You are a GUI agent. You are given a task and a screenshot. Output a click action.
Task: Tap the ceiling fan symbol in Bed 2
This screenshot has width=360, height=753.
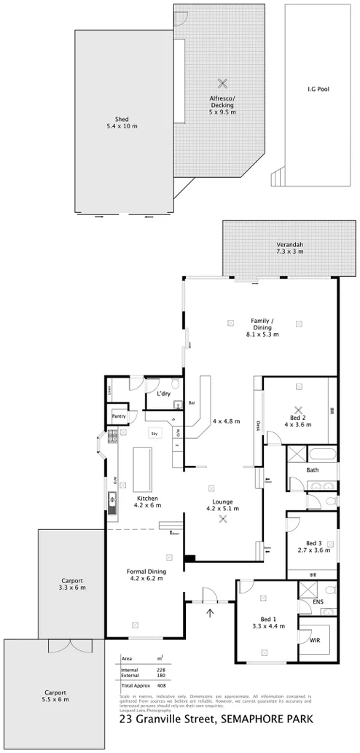pyautogui.click(x=297, y=409)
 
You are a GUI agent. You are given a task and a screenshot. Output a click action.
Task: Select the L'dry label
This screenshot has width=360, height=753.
pyautogui.click(x=164, y=394)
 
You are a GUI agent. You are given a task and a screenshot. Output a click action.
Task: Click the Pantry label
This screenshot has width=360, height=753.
pyautogui.click(x=120, y=416)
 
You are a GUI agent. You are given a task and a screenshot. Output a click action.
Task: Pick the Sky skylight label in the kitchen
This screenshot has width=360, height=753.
pyautogui.click(x=154, y=434)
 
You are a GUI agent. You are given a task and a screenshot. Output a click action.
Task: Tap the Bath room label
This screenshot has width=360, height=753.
pyautogui.click(x=313, y=470)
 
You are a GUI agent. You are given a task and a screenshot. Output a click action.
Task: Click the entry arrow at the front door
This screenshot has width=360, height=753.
pyautogui.click(x=211, y=612)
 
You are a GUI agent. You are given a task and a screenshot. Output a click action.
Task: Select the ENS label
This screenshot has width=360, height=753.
pyautogui.click(x=318, y=602)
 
